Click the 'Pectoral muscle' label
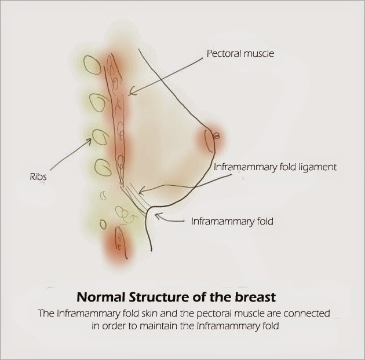(x=240, y=54)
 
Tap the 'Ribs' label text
(x=38, y=177)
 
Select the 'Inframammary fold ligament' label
(x=275, y=167)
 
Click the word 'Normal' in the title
(x=101, y=297)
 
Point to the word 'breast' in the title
(x=256, y=297)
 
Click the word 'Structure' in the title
(x=159, y=297)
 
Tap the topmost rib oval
(x=93, y=65)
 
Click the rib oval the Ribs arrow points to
(x=101, y=137)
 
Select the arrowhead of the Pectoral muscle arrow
(x=132, y=92)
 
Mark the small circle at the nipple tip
(x=217, y=136)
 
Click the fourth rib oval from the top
(x=103, y=167)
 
